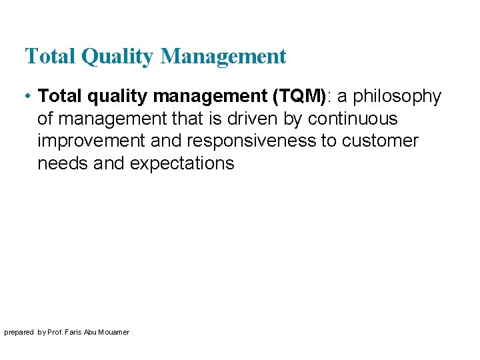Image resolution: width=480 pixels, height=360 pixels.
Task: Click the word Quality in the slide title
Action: coord(117,57)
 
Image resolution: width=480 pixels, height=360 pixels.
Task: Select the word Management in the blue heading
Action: coord(223,57)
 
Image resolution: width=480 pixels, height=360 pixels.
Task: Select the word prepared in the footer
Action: coord(18,332)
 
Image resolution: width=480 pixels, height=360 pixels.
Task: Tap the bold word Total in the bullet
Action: coord(57,97)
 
